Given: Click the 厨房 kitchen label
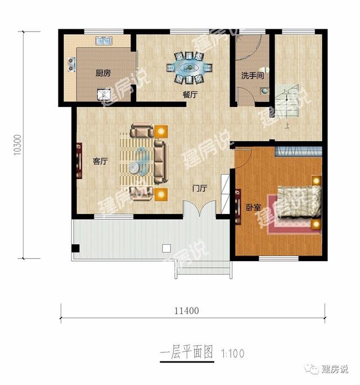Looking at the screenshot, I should tap(102, 73).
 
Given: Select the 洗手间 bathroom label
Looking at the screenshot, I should tap(253, 75).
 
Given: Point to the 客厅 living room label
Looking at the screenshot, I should tap(100, 162).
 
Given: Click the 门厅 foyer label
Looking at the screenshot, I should tap(200, 188).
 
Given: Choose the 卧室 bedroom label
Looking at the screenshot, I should tap(253, 207).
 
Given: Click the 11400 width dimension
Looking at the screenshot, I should tap(186, 310).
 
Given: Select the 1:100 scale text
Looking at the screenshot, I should tap(232, 354).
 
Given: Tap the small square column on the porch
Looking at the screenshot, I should tap(166, 248).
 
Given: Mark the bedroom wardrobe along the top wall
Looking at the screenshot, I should tap(298, 151).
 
